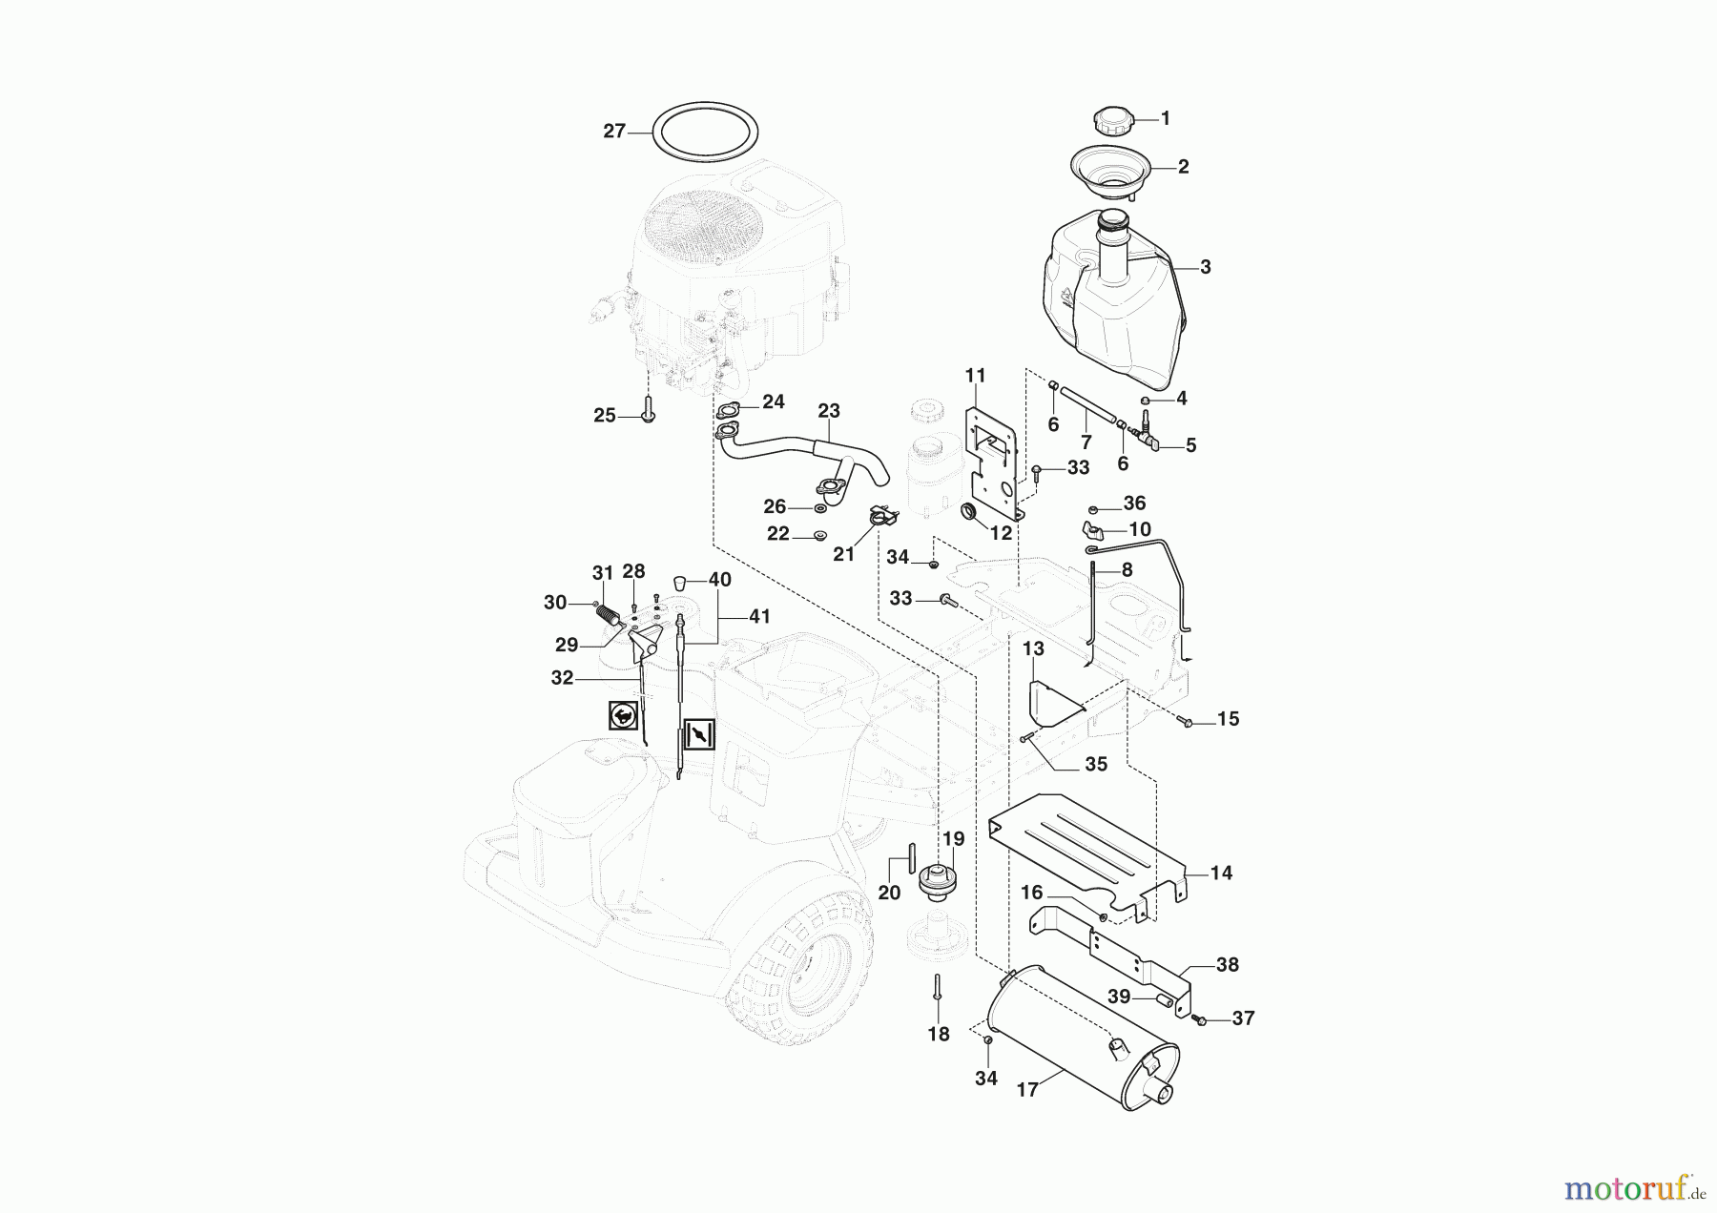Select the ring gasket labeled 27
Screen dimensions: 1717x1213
705,102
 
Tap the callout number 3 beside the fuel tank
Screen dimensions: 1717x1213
1206,268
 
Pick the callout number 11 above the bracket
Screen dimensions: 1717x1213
975,376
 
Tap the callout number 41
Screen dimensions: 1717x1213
758,617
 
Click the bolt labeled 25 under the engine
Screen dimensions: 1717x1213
648,415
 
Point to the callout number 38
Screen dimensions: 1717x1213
1228,965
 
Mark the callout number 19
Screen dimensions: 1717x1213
954,839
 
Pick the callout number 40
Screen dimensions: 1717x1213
719,580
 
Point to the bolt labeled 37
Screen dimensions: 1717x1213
1202,1020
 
